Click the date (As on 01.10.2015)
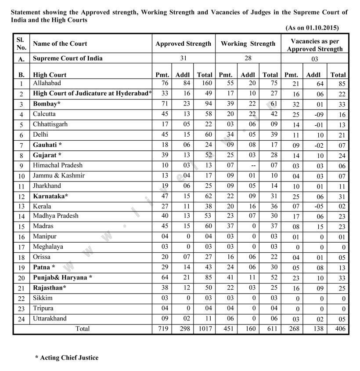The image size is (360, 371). click(312, 28)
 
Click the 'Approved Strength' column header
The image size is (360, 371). click(183, 44)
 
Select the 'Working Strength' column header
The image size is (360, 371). click(248, 44)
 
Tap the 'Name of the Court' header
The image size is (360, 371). click(60, 44)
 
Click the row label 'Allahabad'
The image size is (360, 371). click(47, 83)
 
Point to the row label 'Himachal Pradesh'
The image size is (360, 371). click(58, 165)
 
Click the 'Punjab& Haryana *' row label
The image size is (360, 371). click(63, 278)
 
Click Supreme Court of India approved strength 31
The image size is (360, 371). click(184, 58)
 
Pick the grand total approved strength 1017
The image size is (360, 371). click(204, 329)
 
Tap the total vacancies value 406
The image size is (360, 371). click(338, 329)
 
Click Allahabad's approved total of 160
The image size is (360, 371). click(205, 83)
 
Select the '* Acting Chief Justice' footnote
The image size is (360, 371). click(67, 358)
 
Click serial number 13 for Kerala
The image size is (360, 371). click(21, 207)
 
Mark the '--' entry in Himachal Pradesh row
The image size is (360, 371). click(248, 165)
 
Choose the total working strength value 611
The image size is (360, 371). click(270, 329)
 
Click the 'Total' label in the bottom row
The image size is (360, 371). click(83, 329)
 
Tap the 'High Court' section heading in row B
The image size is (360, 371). click(50, 75)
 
